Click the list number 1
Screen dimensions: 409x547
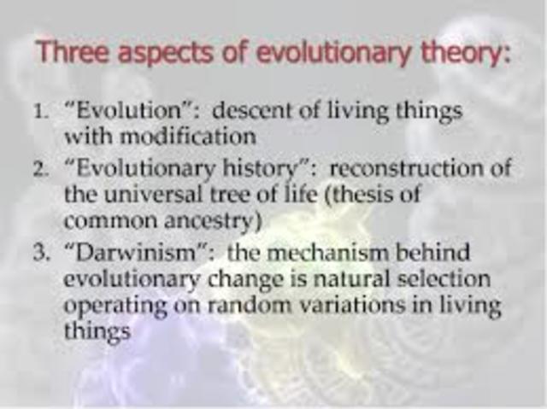[42, 112]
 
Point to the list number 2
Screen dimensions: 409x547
[42, 169]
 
